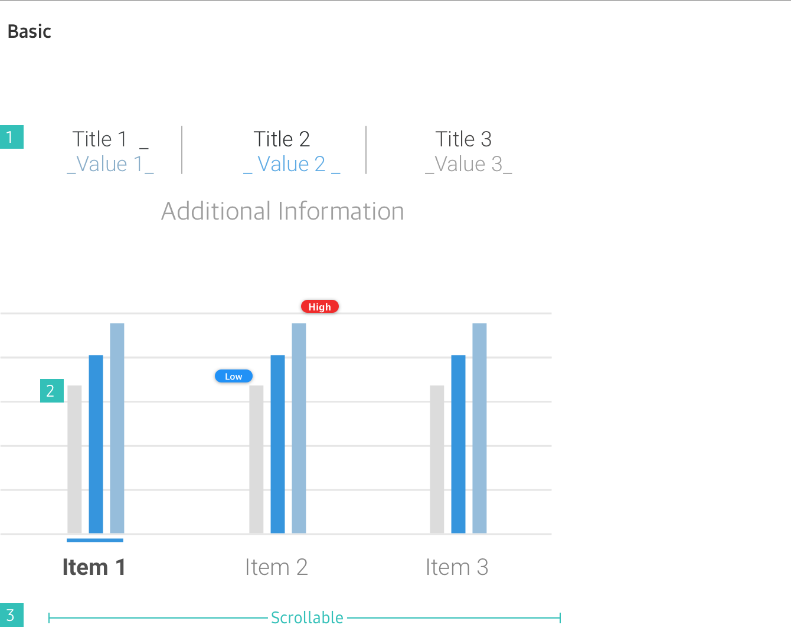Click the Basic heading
pos(30,31)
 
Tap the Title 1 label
pos(100,139)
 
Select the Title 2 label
pos(282,139)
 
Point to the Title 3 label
pos(463,139)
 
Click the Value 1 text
pos(110,164)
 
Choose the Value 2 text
pos(292,164)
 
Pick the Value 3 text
pos(468,164)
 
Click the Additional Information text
pos(282,211)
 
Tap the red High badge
pos(320,306)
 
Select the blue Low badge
pos(233,376)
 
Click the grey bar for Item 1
pos(74,459)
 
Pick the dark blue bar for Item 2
pos(277,444)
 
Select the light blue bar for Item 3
pos(479,428)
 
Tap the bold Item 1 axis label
pos(94,567)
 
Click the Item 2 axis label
pos(276,567)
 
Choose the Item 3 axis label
pos(457,567)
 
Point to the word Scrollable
pos(307,618)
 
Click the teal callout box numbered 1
pos(12,137)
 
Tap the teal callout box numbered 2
pos(52,391)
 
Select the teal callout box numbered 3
pos(12,615)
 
